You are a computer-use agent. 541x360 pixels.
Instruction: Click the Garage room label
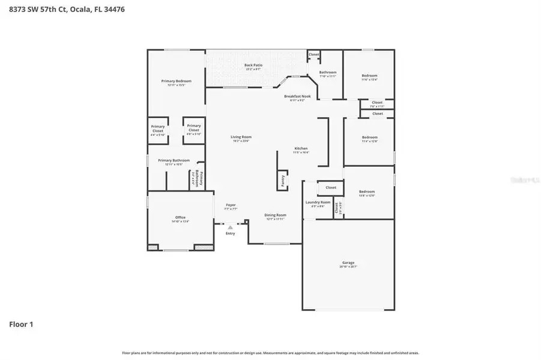(x=348, y=263)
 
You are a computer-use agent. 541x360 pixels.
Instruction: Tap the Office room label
(x=180, y=218)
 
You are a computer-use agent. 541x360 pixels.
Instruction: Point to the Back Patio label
(x=253, y=65)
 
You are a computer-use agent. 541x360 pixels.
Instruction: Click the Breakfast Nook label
(x=297, y=96)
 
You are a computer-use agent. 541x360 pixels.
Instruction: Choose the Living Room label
(x=240, y=137)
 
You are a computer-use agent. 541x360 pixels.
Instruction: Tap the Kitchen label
(x=301, y=149)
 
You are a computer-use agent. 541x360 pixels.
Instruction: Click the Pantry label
(x=283, y=181)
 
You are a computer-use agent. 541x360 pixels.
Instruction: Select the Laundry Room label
(x=318, y=202)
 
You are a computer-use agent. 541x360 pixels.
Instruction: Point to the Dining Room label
(x=276, y=215)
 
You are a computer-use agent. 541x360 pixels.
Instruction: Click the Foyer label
(x=231, y=205)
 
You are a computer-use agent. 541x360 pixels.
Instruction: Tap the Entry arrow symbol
(x=231, y=227)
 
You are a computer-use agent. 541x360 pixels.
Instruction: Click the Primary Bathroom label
(x=174, y=160)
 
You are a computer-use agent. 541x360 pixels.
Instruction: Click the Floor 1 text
(x=21, y=325)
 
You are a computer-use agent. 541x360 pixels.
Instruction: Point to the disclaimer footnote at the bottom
(x=270, y=353)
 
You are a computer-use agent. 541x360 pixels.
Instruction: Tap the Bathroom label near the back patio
(x=328, y=73)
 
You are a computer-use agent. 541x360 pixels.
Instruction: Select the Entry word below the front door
(x=231, y=233)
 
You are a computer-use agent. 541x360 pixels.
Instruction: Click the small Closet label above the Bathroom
(x=314, y=55)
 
